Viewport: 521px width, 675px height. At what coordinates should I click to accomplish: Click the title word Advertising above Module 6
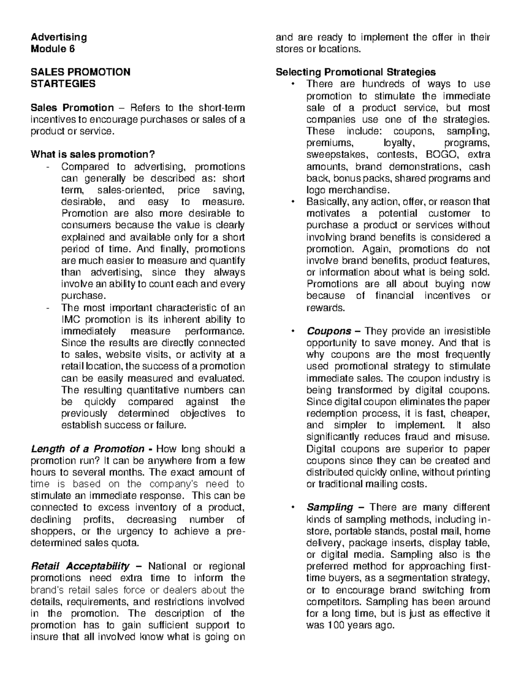coord(59,37)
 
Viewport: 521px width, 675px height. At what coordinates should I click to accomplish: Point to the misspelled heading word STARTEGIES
coord(63,84)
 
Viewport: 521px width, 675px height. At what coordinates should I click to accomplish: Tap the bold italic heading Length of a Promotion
coord(87,449)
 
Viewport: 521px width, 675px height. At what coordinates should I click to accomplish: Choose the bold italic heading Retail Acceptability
coord(80,566)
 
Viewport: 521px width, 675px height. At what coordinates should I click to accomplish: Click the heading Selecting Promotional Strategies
coord(356,72)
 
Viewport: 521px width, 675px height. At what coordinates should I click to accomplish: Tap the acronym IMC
coord(71,319)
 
